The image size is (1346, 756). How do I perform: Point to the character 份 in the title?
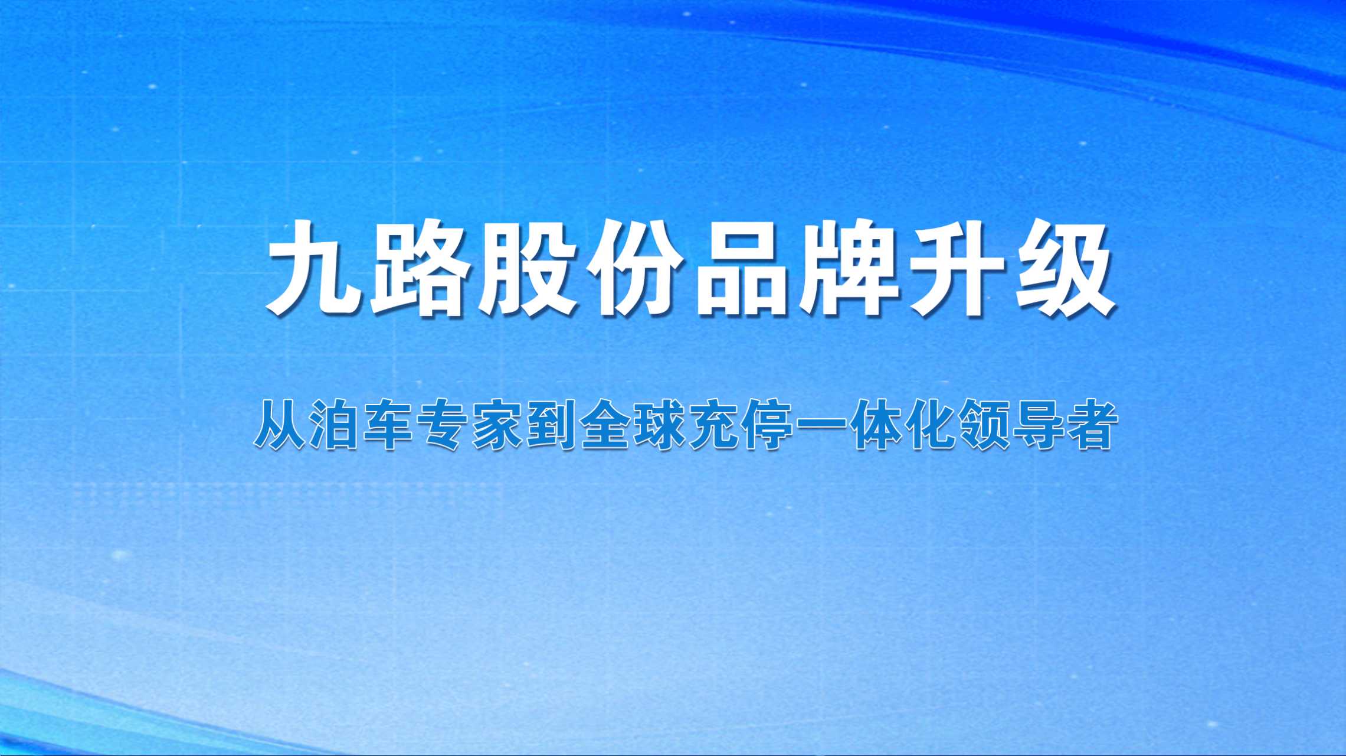pyautogui.click(x=634, y=269)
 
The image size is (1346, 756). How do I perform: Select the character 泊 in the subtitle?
pyautogui.click(x=334, y=425)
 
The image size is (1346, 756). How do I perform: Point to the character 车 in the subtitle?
pyautogui.click(x=388, y=425)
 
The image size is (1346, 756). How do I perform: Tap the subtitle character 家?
pyautogui.click(x=496, y=425)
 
